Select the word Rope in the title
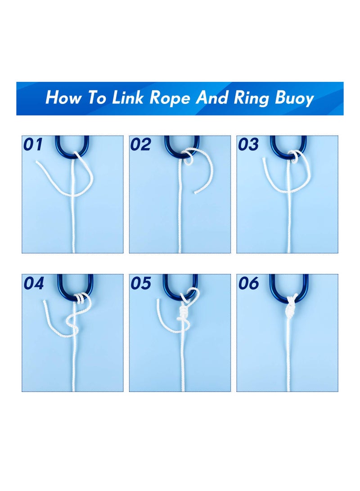pos(171,98)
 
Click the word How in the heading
pos(64,98)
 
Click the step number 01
pos(34,144)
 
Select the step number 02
pos(140,144)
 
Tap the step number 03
pos(248,144)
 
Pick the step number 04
pos(34,284)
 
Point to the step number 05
pos(140,284)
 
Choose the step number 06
pos(248,284)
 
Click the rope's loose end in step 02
pos(196,193)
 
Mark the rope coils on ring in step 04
pos(81,297)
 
